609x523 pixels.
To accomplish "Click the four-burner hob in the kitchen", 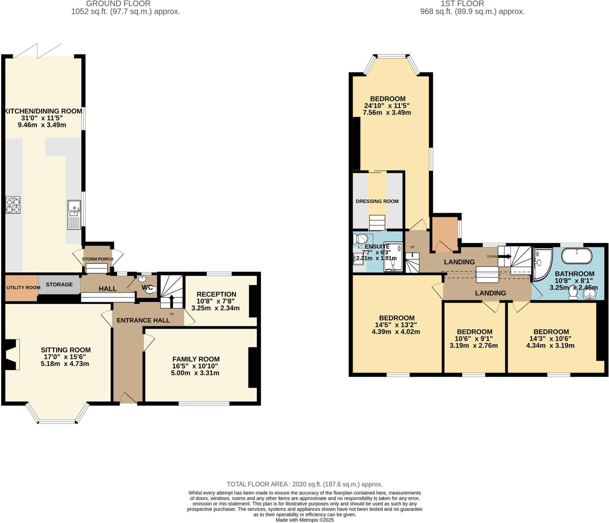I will tap(13, 205).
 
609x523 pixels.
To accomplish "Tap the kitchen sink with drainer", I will tap(74, 215).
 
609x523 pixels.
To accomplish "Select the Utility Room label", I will tap(23, 287).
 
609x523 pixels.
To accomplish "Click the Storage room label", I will tap(59, 284).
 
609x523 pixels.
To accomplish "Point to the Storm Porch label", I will tap(98, 259).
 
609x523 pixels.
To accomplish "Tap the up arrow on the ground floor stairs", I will tap(172, 300).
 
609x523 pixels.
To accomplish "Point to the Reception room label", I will tap(216, 294).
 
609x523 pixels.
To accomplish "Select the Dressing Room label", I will tap(377, 201).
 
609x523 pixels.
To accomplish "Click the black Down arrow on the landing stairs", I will tap(505, 256).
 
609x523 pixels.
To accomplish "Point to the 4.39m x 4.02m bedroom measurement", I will tap(396, 332).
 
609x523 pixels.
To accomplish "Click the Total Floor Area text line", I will tap(304, 484).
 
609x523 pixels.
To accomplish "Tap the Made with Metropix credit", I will tap(304, 520).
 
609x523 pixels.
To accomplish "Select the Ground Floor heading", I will tap(118, 4).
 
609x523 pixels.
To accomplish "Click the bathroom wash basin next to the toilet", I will tap(589, 294).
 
